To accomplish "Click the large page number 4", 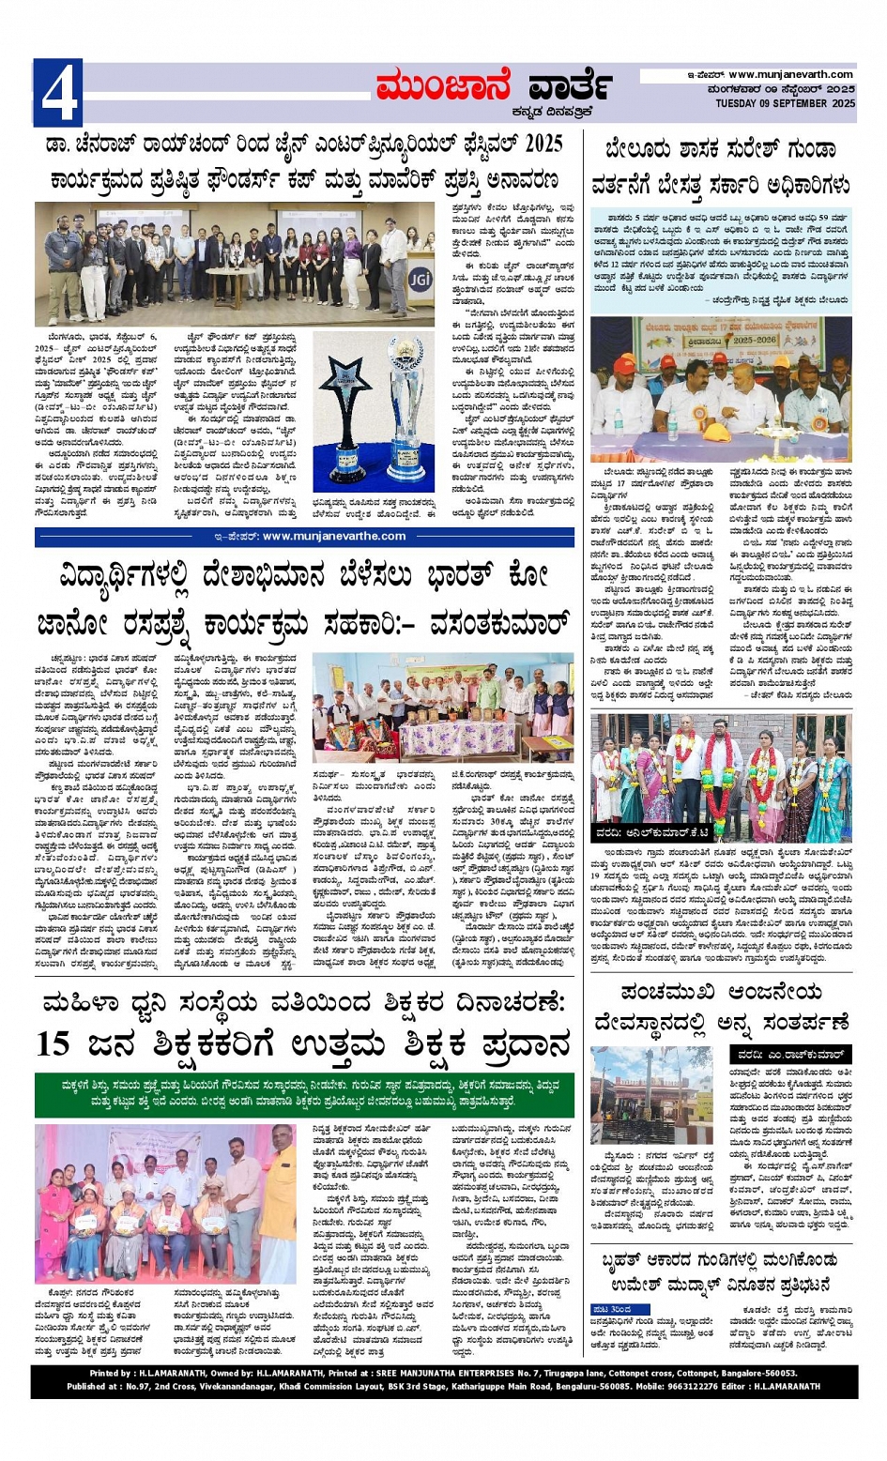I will tap(57, 93).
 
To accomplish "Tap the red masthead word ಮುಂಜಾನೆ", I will tap(443, 86).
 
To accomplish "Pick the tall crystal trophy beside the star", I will tap(405, 414).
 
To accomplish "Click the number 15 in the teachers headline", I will tap(54, 1042).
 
